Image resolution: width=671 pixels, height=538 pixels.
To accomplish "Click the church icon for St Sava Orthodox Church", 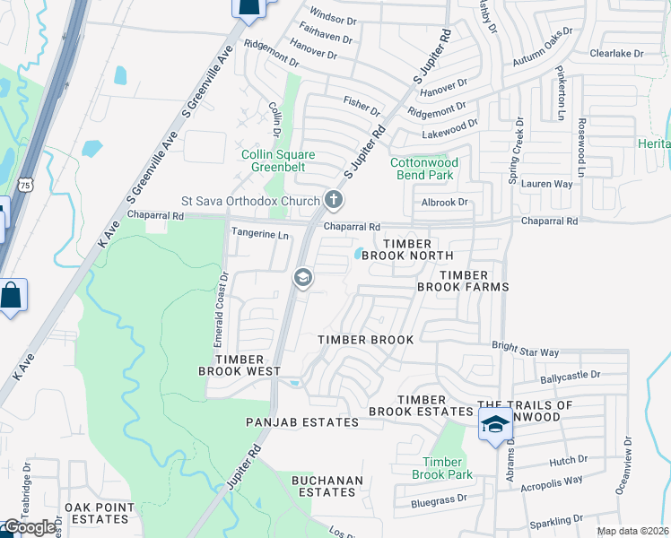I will click(333, 199).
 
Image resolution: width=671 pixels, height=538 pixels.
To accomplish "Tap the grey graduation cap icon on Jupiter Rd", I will click(302, 279).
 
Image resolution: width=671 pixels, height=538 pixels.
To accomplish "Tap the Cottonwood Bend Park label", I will click(424, 169).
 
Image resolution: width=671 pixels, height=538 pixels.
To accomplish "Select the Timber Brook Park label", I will click(441, 467).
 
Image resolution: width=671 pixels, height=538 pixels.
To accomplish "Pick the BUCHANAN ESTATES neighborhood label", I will click(327, 486).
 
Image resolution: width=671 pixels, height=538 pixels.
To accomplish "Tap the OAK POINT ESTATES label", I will click(99, 513).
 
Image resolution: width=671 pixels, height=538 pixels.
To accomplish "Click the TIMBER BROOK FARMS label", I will click(463, 281).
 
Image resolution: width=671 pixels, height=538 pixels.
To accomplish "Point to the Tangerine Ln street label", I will click(260, 236).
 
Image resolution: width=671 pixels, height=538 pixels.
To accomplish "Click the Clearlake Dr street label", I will click(617, 54).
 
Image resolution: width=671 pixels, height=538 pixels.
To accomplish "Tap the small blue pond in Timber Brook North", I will click(359, 254).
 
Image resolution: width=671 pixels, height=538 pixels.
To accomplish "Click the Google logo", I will click(30, 527).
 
